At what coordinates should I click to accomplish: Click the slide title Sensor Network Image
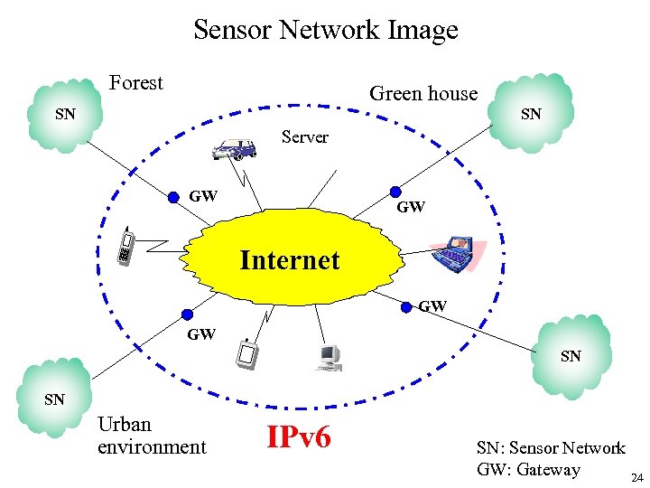click(325, 30)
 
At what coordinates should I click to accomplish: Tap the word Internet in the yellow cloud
click(290, 260)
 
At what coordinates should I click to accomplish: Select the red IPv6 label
click(299, 437)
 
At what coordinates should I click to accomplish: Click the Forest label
click(135, 83)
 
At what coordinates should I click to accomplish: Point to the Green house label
click(423, 93)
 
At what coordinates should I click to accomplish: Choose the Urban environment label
click(151, 436)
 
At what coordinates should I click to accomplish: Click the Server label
click(305, 137)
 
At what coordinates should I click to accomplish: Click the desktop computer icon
click(328, 356)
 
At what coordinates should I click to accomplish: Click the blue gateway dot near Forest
click(174, 197)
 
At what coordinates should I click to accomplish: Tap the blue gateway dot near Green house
click(395, 192)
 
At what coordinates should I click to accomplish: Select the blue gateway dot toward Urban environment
click(187, 314)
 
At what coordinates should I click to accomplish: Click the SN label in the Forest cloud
click(65, 115)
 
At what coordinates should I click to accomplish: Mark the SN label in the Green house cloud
click(531, 114)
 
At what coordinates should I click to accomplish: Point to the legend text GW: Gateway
click(528, 469)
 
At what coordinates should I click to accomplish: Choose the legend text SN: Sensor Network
click(551, 447)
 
